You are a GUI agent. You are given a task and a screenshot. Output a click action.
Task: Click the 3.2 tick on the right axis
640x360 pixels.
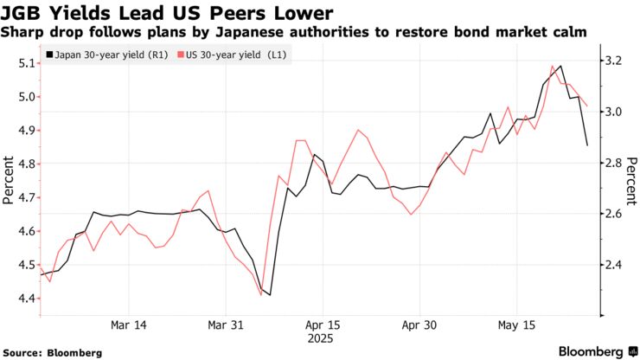click(x=612, y=61)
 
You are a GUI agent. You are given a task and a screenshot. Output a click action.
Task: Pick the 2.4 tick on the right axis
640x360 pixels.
click(x=612, y=265)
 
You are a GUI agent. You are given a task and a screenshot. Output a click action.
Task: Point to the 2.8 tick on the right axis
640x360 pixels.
click(x=612, y=163)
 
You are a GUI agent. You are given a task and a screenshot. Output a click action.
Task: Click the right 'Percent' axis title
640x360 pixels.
click(x=631, y=180)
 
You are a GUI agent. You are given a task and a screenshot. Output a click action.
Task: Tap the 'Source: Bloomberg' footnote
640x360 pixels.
click(x=52, y=352)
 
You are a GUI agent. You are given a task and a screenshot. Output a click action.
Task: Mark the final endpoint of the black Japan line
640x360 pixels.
click(x=587, y=145)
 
